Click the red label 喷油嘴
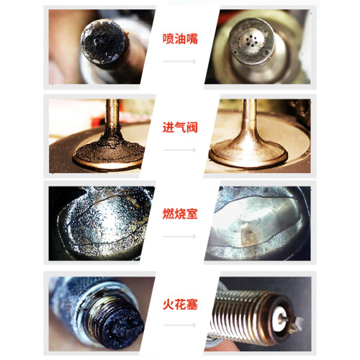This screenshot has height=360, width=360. coord(180,39)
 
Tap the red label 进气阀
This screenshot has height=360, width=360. coord(180,127)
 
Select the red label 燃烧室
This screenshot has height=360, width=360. coord(180,214)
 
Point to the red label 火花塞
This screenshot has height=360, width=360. coord(180,305)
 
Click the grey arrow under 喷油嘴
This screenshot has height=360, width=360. coord(179,61)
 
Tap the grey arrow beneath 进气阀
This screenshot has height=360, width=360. coord(179,150)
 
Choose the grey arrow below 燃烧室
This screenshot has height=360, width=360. coord(179,236)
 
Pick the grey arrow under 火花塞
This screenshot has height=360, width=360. coord(179,325)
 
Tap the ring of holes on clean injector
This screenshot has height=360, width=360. coord(251,40)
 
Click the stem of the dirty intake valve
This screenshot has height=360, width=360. coord(112,115)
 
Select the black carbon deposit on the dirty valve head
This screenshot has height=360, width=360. coord(110,150)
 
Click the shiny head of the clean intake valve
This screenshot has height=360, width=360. coord(248,153)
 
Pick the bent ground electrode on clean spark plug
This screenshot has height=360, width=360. coord(297,323)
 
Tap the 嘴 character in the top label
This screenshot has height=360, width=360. coord(192,39)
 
